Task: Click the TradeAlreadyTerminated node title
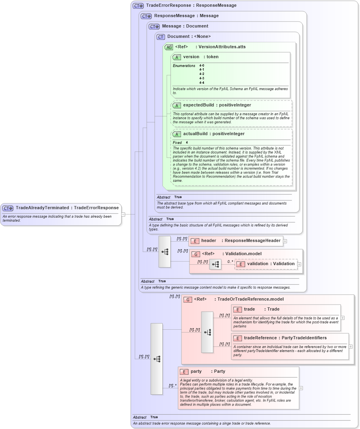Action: pos(67,208)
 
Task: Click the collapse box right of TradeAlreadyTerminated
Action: pos(123,214)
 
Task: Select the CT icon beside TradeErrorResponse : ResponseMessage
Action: pos(138,6)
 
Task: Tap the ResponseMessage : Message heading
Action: pos(186,16)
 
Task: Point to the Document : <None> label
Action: pos(189,37)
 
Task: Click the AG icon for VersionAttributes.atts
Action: pos(169,47)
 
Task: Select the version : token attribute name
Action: pos(201,57)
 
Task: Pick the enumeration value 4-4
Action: pos(202,83)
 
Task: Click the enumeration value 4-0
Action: pos(202,65)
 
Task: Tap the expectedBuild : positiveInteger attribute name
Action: pos(217,105)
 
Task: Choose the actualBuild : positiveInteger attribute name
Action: pos(214,134)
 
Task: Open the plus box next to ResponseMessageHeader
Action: pos(285,241)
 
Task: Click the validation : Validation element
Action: pos(271,264)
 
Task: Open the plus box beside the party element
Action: pos(301,388)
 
